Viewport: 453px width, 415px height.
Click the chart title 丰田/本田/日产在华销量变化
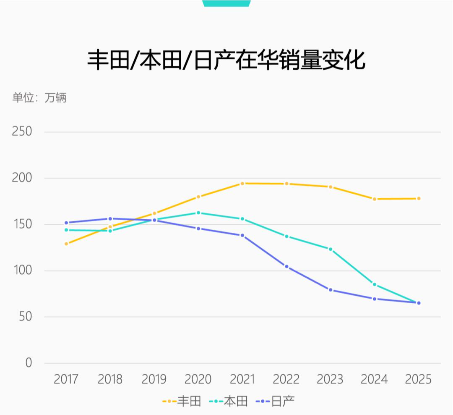pyautogui.click(x=226, y=60)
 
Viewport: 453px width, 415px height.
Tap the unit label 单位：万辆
pyautogui.click(x=39, y=98)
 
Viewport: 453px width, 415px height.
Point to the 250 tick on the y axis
pyautogui.click(x=22, y=131)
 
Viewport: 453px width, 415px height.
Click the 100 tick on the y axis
pyautogui.click(x=22, y=270)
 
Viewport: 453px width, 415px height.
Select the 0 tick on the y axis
pyautogui.click(x=29, y=362)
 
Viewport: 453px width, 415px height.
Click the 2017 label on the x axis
pyautogui.click(x=66, y=380)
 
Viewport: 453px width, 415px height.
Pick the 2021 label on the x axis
pyautogui.click(x=242, y=380)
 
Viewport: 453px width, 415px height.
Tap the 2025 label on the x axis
pyautogui.click(x=418, y=380)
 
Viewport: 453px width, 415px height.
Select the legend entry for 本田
pyautogui.click(x=229, y=401)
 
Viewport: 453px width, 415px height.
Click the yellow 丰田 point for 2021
pyautogui.click(x=242, y=184)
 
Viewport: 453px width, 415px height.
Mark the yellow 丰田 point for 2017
pyautogui.click(x=66, y=244)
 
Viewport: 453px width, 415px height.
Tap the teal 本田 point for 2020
pyautogui.click(x=198, y=213)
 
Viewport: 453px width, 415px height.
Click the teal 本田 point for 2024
pyautogui.click(x=375, y=284)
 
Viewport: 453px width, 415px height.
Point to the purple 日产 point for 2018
pyautogui.click(x=110, y=219)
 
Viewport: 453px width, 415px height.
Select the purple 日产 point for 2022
pyautogui.click(x=286, y=267)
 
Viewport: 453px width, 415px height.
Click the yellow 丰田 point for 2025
pyautogui.click(x=419, y=199)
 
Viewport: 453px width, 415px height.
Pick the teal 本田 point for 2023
pyautogui.click(x=331, y=249)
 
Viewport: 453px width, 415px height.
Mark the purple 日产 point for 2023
pyautogui.click(x=331, y=290)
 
